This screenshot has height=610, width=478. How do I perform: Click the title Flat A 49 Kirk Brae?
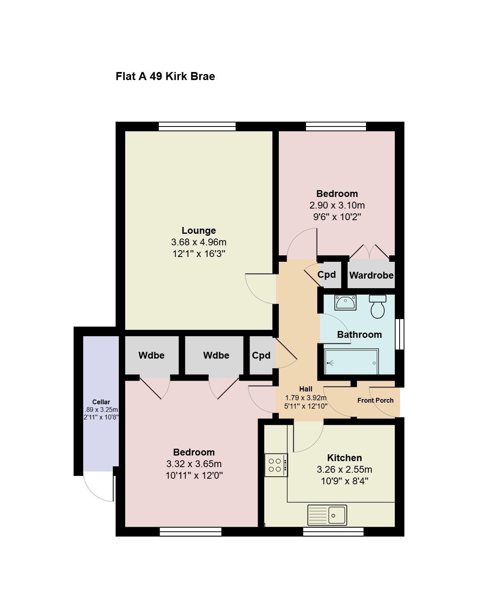(x=165, y=76)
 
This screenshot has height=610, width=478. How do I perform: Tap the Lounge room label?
(x=199, y=231)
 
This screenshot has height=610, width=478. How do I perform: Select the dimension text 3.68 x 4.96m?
(x=199, y=242)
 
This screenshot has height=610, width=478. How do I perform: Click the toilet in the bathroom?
(x=378, y=306)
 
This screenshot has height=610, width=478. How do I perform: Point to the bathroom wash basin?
(x=345, y=302)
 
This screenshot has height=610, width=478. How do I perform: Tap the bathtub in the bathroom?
(x=351, y=361)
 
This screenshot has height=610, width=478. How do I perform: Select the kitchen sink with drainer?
(x=327, y=515)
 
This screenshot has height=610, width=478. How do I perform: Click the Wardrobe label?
(x=372, y=275)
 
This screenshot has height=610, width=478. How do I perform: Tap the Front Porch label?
(x=375, y=400)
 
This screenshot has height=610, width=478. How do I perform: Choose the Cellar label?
(x=101, y=402)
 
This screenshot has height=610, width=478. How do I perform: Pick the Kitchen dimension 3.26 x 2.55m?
(x=344, y=470)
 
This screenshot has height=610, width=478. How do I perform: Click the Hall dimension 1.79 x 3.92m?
(x=306, y=397)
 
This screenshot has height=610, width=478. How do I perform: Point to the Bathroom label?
(x=359, y=335)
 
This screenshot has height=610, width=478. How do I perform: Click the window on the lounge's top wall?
(x=197, y=126)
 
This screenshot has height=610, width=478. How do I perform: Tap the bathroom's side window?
(x=400, y=334)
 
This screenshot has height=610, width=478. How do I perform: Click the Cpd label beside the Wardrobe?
(x=326, y=274)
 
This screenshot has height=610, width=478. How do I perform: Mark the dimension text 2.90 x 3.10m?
(x=337, y=205)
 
